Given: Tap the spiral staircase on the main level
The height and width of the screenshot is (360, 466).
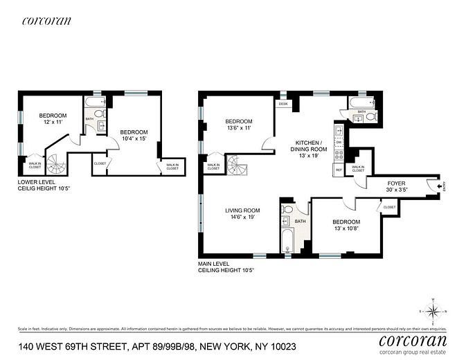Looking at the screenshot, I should (x=237, y=166).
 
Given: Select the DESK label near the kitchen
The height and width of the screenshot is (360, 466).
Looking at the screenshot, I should (x=283, y=104).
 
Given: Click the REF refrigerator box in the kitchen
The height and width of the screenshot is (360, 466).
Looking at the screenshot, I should (x=339, y=170).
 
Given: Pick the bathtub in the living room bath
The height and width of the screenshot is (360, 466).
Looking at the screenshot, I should (x=287, y=242).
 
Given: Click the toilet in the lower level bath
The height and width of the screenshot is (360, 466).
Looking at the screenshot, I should (x=99, y=113).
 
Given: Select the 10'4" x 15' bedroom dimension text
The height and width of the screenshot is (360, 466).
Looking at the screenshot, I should (x=134, y=139).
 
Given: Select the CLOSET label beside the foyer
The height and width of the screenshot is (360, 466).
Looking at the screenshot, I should (x=389, y=207).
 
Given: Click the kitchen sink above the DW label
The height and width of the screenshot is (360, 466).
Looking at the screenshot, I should (x=339, y=130).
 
